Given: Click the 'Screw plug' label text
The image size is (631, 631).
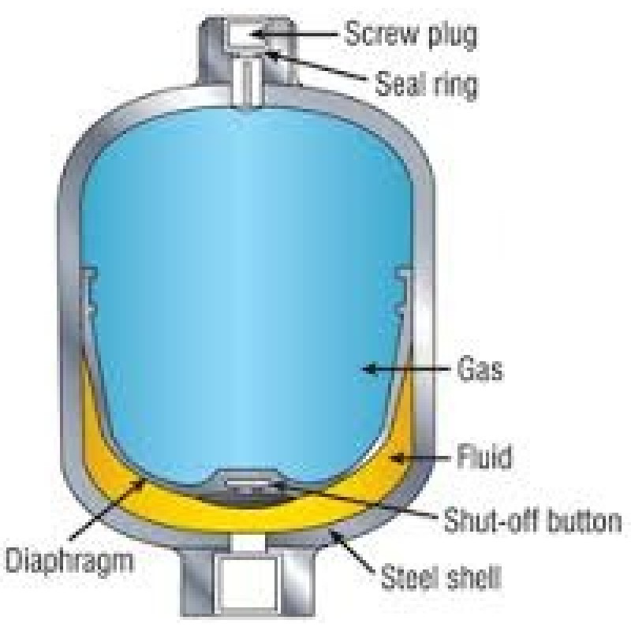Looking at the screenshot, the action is point(411,35).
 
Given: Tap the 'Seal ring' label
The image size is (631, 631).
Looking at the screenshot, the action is point(427,84).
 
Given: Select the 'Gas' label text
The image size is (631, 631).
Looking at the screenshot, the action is point(480,369).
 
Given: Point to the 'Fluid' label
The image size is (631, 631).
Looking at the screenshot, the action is point(484,456).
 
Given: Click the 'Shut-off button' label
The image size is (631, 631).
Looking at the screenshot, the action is point(532,521).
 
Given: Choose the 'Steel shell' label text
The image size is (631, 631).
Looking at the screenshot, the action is point(441,577).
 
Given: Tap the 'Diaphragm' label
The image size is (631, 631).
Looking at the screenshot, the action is point(69,561).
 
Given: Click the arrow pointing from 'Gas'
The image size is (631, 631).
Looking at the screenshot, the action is point(405,368).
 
